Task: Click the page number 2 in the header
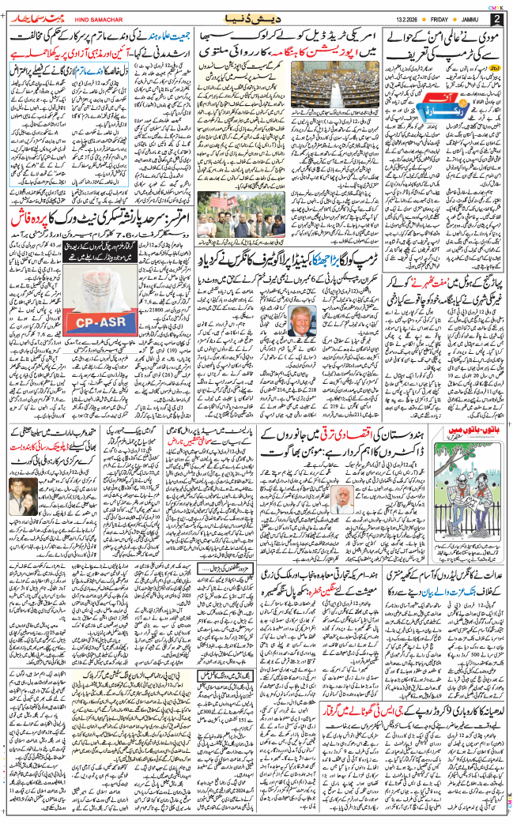pyautogui.click(x=496, y=18)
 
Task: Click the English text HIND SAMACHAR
pyautogui.click(x=89, y=18)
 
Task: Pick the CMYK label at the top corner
pyautogui.click(x=496, y=5)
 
